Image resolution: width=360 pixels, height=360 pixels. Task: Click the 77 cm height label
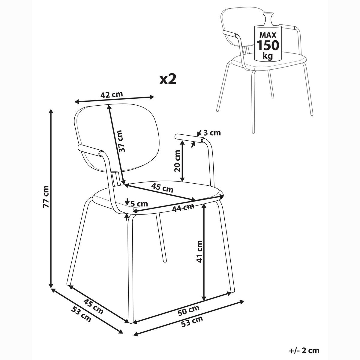pyautogui.click(x=46, y=196)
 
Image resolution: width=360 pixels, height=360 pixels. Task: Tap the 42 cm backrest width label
pyautogui.click(x=112, y=94)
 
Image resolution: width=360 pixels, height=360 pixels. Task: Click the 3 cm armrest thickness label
pyautogui.click(x=212, y=133)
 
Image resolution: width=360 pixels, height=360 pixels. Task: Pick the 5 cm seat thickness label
pyautogui.click(x=139, y=203)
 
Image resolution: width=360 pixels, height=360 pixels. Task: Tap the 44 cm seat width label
pyautogui.click(x=183, y=208)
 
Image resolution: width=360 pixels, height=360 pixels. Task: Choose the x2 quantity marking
pyautogui.click(x=168, y=80)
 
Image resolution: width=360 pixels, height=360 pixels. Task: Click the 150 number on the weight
pyautogui.click(x=268, y=45)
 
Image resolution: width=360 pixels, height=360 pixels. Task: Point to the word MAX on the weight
pyautogui.click(x=268, y=35)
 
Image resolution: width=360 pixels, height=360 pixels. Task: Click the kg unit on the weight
pyautogui.click(x=268, y=56)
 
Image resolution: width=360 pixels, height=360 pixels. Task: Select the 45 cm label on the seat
pyautogui.click(x=162, y=188)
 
